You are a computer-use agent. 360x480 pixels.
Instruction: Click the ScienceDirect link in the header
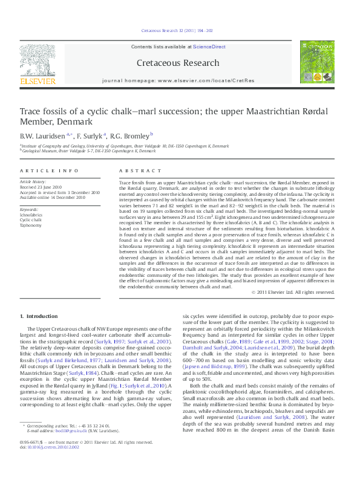[x=209, y=47]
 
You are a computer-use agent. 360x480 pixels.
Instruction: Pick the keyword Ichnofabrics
[x=31, y=215]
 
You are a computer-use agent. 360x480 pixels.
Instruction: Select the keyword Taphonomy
[x=30, y=225]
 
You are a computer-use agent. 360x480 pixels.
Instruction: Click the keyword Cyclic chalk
[x=31, y=220]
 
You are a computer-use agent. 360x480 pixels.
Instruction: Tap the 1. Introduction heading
[x=39, y=316]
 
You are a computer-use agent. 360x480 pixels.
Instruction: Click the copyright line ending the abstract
[x=292, y=292]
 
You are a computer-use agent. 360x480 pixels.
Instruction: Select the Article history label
[x=33, y=181]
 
